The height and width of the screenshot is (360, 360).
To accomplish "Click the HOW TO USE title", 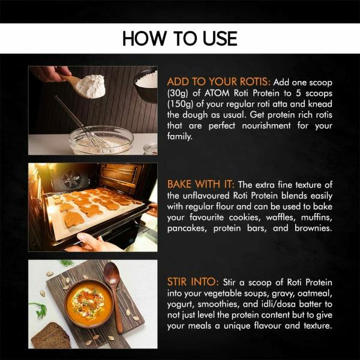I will coord(179,38).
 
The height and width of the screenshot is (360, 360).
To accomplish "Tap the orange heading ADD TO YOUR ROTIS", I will coord(218,82).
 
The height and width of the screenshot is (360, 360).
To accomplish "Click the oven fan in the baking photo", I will coord(71,180).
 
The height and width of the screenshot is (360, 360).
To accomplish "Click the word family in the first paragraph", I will coord(180,136).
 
